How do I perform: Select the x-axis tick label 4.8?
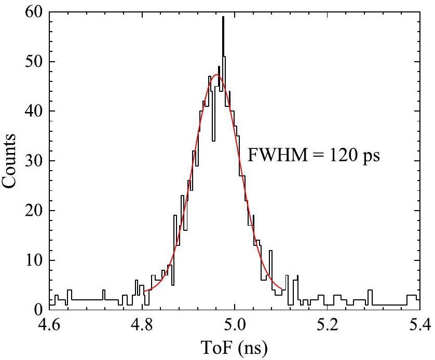[142, 326]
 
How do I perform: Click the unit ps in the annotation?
[371, 156]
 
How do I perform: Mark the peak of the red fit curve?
[216, 75]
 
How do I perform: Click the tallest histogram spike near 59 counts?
[223, 18]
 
